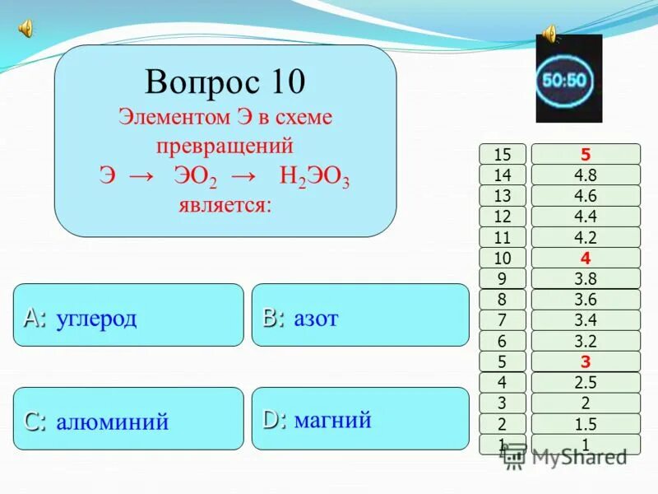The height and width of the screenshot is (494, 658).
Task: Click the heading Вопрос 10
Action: pyautogui.click(x=225, y=82)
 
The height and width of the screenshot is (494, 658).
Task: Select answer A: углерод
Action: pyautogui.click(x=128, y=315)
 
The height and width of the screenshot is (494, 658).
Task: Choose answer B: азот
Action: pyautogui.click(x=359, y=315)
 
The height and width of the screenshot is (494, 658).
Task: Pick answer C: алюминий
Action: pyautogui.click(x=128, y=419)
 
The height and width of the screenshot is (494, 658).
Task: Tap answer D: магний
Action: pyautogui.click(x=359, y=419)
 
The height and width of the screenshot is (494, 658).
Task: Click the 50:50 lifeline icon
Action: pyautogui.click(x=568, y=80)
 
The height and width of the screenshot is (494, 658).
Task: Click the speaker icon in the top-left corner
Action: pyautogui.click(x=25, y=29)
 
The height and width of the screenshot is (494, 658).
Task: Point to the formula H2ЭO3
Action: pyautogui.click(x=314, y=177)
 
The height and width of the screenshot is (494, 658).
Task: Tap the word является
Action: pyautogui.click(x=224, y=203)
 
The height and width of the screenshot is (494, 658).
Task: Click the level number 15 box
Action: pyautogui.click(x=503, y=154)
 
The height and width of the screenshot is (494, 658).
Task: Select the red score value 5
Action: pyautogui.click(x=586, y=154)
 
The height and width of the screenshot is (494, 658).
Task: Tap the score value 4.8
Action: pyautogui.click(x=586, y=175)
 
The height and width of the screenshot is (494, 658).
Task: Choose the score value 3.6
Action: pyautogui.click(x=586, y=300)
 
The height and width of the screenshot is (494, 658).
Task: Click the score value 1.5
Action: pyautogui.click(x=586, y=424)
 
